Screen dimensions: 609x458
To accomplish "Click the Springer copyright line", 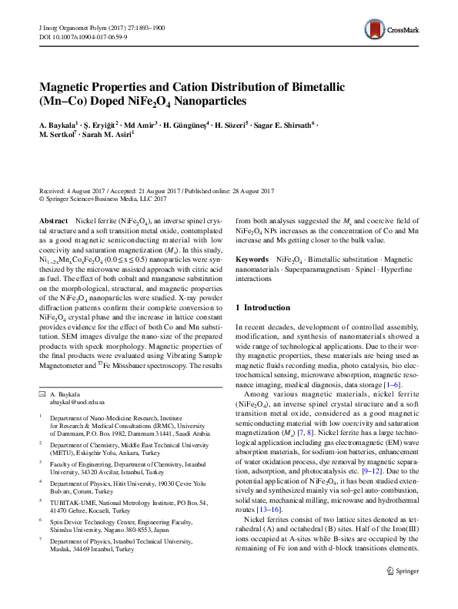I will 105,199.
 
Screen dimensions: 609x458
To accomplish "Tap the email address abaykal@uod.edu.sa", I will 77,402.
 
